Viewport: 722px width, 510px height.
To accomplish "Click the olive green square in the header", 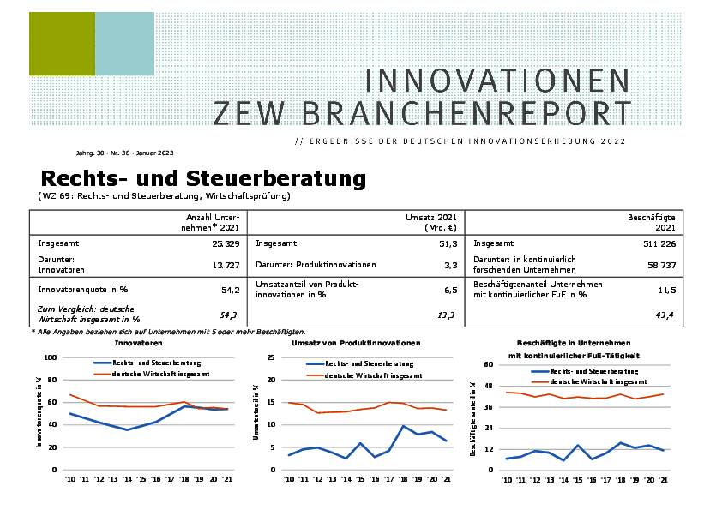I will [x=62, y=44].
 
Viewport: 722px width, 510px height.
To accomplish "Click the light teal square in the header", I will [x=124, y=44].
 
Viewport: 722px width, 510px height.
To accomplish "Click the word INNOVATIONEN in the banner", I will [x=497, y=81].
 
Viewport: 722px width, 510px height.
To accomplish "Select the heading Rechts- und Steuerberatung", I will [x=203, y=179].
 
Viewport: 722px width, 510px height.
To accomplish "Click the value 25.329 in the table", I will [x=222, y=243].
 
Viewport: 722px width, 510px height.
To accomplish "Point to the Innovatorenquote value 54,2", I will [x=230, y=290].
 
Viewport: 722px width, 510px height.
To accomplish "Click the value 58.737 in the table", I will [x=661, y=265].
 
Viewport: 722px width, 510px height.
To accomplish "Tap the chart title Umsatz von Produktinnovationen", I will [x=356, y=343].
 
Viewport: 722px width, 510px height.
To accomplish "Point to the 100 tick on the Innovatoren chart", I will [x=50, y=357].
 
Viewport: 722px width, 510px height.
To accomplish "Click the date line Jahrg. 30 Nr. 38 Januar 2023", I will [x=124, y=153].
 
